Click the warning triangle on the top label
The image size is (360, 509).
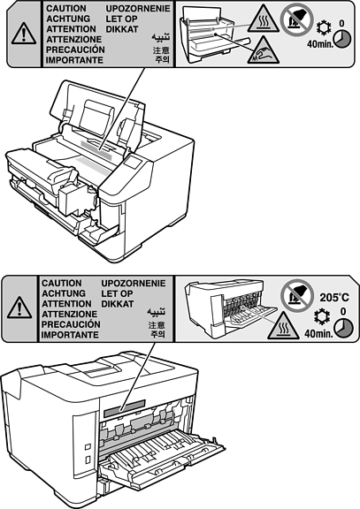pos(24,34)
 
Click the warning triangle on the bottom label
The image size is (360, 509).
pos(19,308)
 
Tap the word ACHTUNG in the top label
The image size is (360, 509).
pos(68,19)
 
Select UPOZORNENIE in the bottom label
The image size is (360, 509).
pos(134,284)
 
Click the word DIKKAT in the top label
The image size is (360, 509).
pos(122,29)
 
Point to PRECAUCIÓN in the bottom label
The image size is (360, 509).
pos(71,324)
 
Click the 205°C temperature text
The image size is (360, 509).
pos(334,297)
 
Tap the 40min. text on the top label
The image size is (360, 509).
pos(320,44)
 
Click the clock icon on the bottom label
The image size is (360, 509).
pos(343,328)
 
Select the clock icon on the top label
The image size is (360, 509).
pos(342,40)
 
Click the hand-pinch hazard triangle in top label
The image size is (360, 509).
pos(264,50)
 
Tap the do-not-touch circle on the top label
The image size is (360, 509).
pos(296,20)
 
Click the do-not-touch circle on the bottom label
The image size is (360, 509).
pos(297,295)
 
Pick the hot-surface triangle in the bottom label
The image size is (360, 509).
pos(283,326)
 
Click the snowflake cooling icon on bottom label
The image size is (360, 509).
pos(322,316)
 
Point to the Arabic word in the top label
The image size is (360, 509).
pos(160,37)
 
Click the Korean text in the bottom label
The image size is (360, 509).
pos(157,334)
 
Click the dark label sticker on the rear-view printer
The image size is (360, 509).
pos(125,408)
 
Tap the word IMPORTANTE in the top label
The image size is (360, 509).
pos(74,60)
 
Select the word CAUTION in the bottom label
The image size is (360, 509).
pos(62,284)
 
